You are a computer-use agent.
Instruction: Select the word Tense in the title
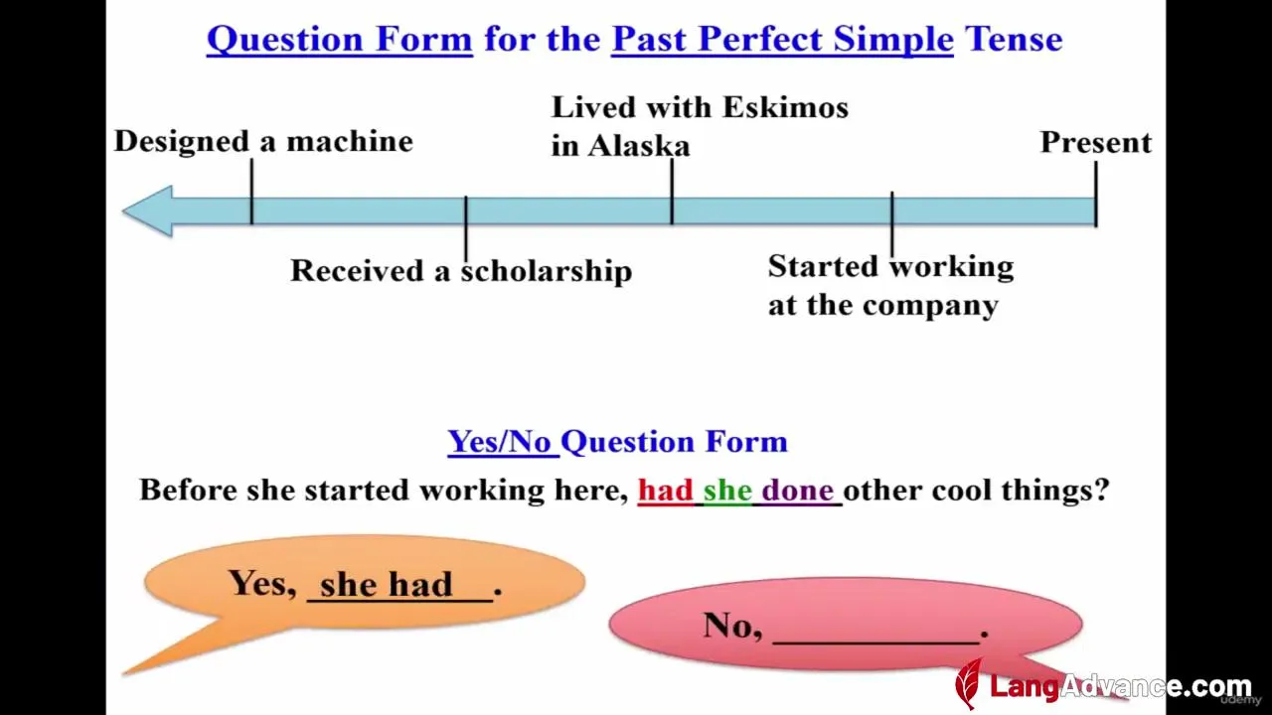click(1014, 39)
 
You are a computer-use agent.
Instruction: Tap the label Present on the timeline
click(1096, 142)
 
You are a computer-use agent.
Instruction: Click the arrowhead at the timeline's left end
click(147, 211)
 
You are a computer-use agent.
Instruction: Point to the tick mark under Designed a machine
click(251, 192)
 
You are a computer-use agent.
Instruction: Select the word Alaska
click(638, 146)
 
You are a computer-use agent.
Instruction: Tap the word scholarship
click(547, 270)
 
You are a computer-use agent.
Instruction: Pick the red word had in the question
click(666, 490)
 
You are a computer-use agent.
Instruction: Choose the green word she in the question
click(727, 490)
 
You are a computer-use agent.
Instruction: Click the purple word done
click(797, 490)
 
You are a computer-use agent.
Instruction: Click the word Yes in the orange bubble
click(263, 583)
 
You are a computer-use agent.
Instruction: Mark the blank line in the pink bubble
click(876, 643)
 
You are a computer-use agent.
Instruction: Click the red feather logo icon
click(969, 683)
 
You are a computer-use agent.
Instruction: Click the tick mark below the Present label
click(1095, 194)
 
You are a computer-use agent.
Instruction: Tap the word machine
click(349, 141)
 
